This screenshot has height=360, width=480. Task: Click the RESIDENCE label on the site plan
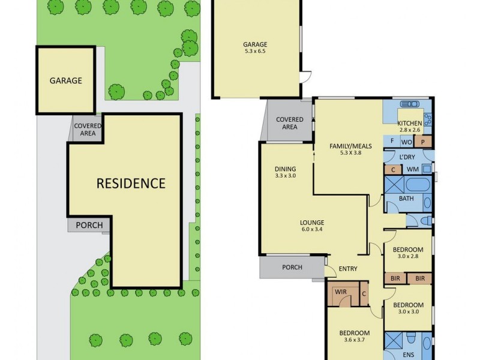[131, 184]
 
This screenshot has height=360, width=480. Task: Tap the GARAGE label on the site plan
[65, 80]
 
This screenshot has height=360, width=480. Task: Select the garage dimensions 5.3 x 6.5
[254, 52]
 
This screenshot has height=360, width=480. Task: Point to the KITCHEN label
[410, 122]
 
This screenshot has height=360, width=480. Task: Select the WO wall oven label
[406, 142]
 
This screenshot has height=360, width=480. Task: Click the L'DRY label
[407, 157]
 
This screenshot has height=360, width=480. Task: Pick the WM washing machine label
[412, 170]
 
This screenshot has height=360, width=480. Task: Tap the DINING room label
[285, 169]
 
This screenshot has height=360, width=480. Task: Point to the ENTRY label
[348, 268]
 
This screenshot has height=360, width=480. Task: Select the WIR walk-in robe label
[341, 293]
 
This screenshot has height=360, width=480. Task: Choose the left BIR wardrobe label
[395, 278]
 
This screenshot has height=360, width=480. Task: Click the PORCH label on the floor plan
[292, 267]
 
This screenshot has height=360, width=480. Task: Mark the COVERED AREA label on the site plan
[88, 130]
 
